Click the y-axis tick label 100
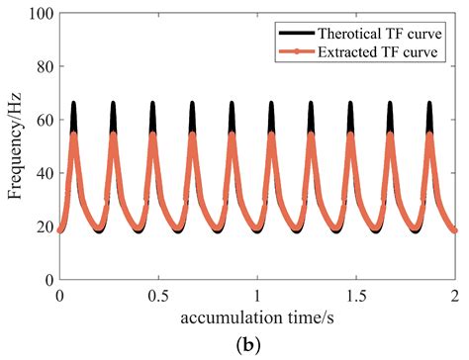click(x=39, y=14)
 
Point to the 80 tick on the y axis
click(x=43, y=67)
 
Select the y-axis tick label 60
click(x=43, y=121)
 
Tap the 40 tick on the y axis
click(x=43, y=174)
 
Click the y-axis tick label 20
click(x=43, y=227)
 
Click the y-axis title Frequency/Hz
click(x=16, y=147)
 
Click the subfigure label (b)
click(x=257, y=345)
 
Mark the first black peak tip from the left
click(x=73, y=103)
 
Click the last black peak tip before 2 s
click(x=429, y=103)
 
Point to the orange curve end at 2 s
click(x=454, y=230)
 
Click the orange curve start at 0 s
click(x=60, y=230)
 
